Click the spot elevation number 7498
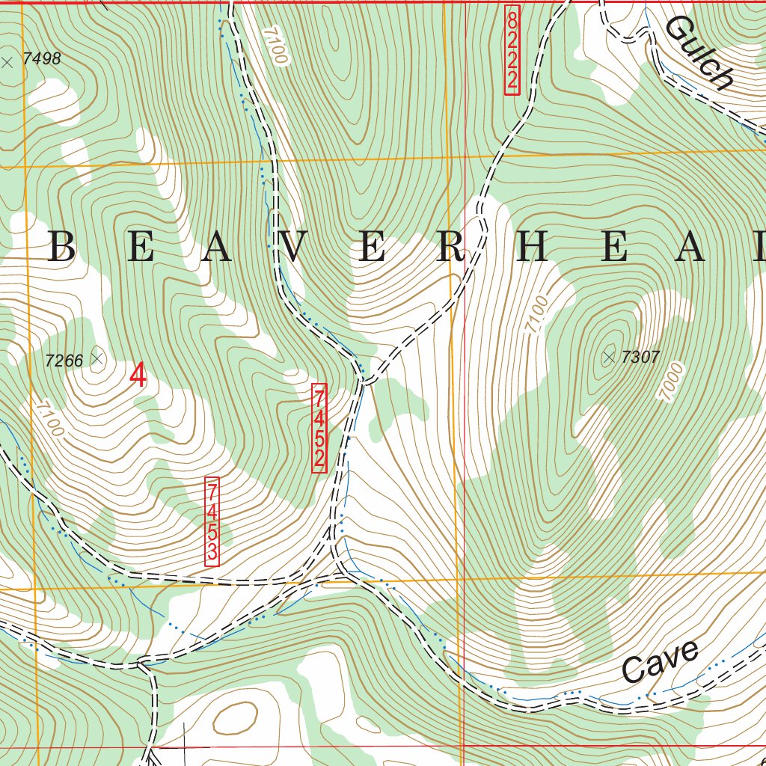click(x=41, y=59)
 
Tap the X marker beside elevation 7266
click(x=96, y=358)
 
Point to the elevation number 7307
click(x=640, y=357)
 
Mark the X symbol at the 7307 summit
click(x=608, y=358)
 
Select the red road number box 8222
click(x=512, y=50)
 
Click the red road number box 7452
click(x=319, y=428)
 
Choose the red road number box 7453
click(x=212, y=521)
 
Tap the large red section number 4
click(x=138, y=376)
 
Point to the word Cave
click(x=661, y=661)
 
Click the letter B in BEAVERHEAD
click(x=61, y=248)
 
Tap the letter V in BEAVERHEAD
click(x=293, y=248)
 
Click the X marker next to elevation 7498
click(x=7, y=63)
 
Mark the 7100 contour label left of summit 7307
click(x=536, y=315)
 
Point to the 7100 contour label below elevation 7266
click(x=50, y=420)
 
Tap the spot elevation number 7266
click(x=64, y=361)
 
